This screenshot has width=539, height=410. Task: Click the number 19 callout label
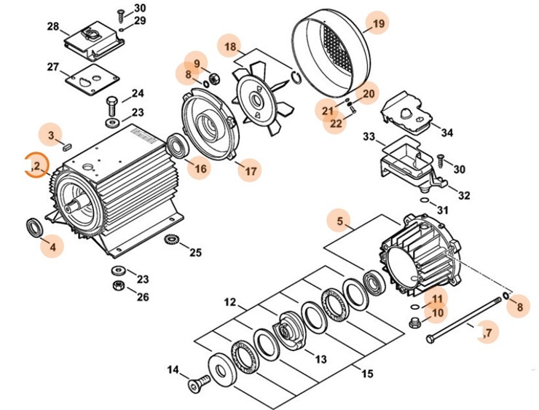click(377, 25)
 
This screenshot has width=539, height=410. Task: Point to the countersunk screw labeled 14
click(197, 385)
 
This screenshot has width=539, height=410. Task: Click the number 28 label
click(52, 27)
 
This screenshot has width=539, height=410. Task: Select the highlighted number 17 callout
click(250, 172)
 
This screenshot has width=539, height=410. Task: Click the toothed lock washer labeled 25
click(173, 240)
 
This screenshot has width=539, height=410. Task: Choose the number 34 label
click(447, 133)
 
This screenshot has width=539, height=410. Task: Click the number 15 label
click(367, 374)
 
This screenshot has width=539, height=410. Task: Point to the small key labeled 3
click(67, 146)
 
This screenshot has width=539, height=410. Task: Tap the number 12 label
click(230, 301)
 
